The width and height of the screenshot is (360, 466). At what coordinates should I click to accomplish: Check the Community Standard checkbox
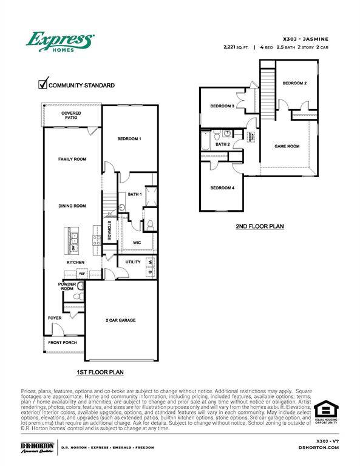tap(43, 84)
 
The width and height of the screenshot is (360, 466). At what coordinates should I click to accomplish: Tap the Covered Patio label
tap(72, 115)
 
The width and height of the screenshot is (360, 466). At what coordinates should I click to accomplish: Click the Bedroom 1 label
tap(129, 138)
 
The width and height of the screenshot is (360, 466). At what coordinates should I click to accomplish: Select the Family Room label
tap(72, 159)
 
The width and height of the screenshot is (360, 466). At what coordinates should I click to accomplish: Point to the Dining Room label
tap(72, 206)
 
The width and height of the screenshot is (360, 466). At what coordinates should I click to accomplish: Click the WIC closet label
tap(138, 242)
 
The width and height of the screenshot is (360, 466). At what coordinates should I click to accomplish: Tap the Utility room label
tap(133, 262)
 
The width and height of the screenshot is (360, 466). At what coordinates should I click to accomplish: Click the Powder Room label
tap(67, 286)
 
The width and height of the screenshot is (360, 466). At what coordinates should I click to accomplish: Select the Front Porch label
tap(62, 343)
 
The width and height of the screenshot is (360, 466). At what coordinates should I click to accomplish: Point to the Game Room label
tap(287, 146)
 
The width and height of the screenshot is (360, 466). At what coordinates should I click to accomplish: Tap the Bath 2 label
tap(223, 144)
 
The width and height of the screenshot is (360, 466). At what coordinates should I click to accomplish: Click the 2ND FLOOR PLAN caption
tap(259, 227)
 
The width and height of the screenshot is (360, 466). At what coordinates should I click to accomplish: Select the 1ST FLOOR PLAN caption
tap(100, 371)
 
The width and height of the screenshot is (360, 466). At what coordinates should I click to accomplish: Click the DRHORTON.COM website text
tap(319, 448)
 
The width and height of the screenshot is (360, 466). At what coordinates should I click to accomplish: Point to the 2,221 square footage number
tap(231, 46)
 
